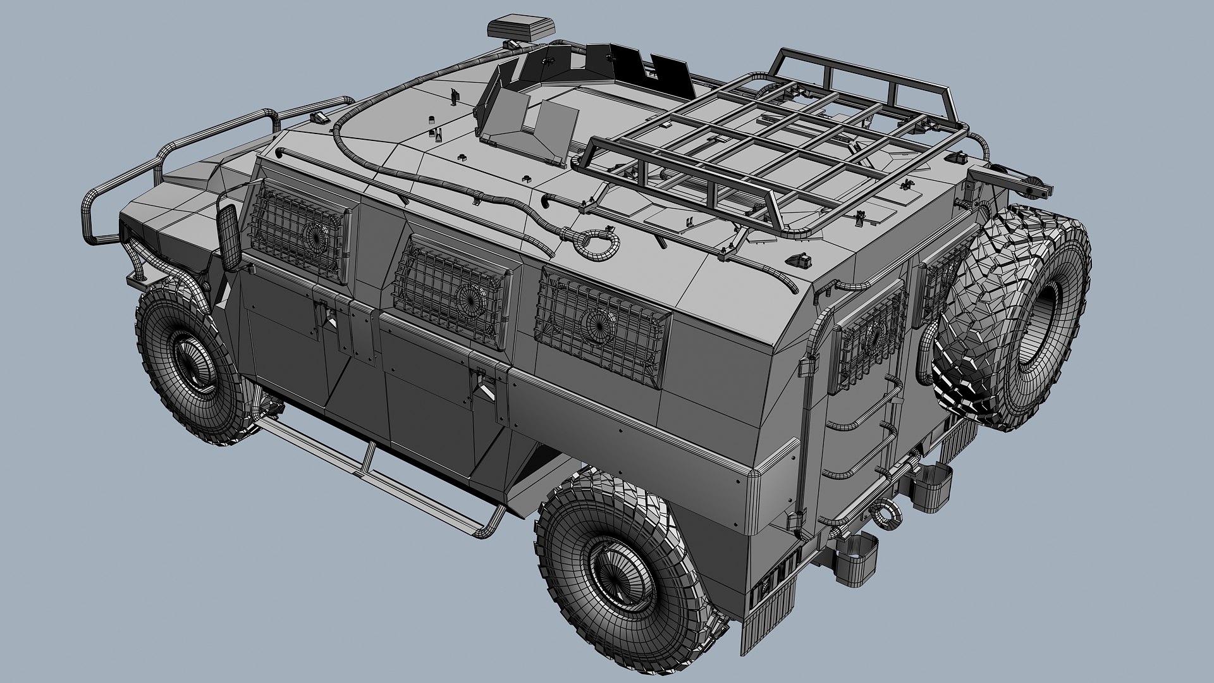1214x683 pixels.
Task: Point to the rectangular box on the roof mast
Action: (x=520, y=27)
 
